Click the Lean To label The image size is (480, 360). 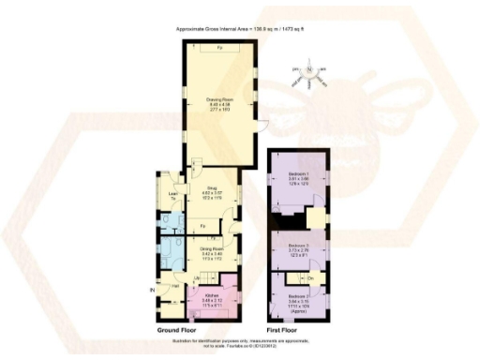pos(172,196)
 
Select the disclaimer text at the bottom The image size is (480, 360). pos(240,344)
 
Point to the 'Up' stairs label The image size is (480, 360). pos(196,279)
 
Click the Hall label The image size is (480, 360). pos(173,285)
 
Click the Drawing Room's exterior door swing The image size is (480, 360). pos(264,127)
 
